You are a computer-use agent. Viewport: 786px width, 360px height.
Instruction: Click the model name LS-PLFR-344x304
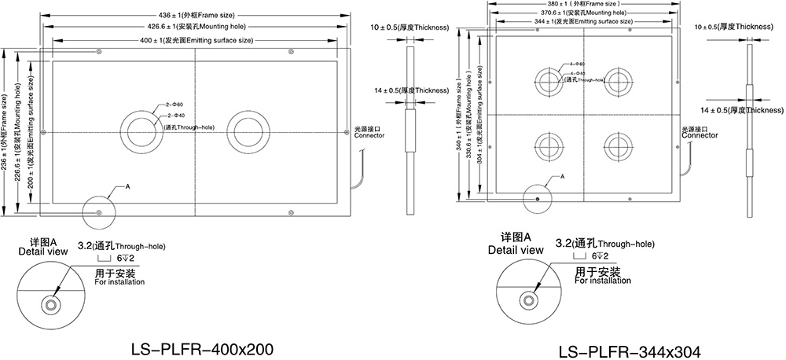pyautogui.click(x=629, y=351)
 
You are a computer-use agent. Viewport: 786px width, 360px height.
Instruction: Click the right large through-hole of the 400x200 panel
pyautogui.click(x=248, y=130)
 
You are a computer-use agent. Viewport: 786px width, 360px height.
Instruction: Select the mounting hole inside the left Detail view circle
pyautogui.click(x=53, y=303)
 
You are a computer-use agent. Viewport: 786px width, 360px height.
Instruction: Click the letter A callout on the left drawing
pyautogui.click(x=127, y=187)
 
